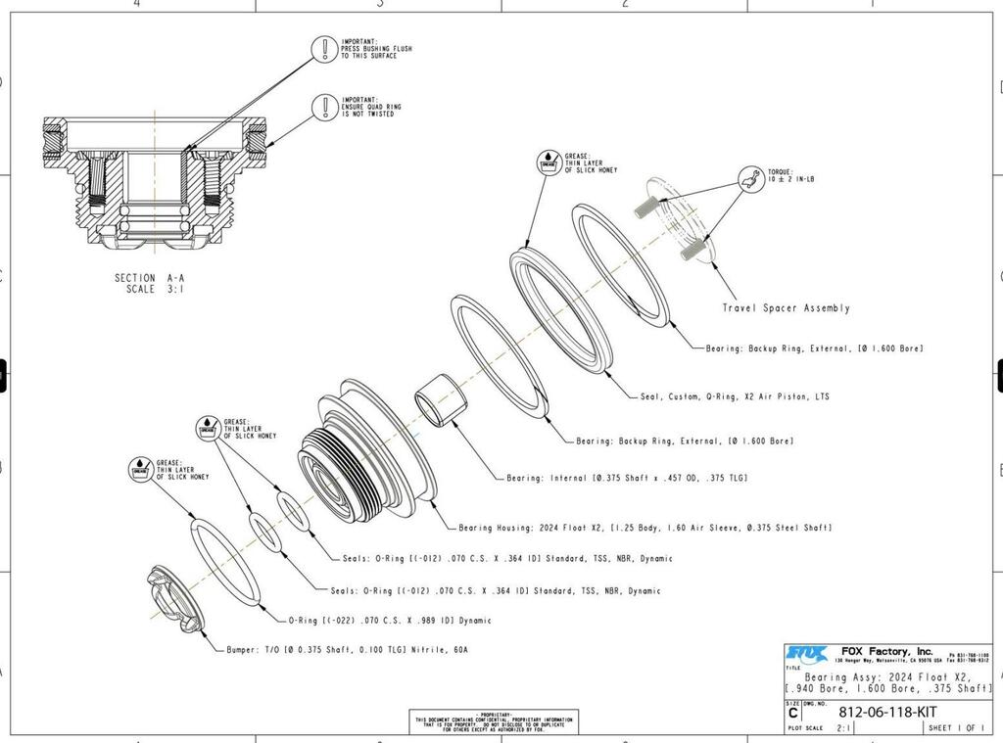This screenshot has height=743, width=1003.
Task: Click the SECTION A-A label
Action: click(149, 277)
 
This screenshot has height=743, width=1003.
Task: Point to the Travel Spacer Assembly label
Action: click(786, 307)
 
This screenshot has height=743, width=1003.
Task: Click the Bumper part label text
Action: click(339, 649)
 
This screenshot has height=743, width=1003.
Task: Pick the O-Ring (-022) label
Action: click(389, 620)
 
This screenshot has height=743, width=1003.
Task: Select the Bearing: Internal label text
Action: click(627, 478)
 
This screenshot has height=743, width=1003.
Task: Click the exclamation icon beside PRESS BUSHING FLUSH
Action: click(324, 48)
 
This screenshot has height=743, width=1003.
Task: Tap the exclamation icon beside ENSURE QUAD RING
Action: click(324, 106)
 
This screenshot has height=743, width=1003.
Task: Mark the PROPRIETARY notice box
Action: click(493, 721)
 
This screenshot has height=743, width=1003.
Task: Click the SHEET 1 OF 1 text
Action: click(956, 728)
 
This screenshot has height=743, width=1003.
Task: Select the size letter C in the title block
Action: click(792, 714)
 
